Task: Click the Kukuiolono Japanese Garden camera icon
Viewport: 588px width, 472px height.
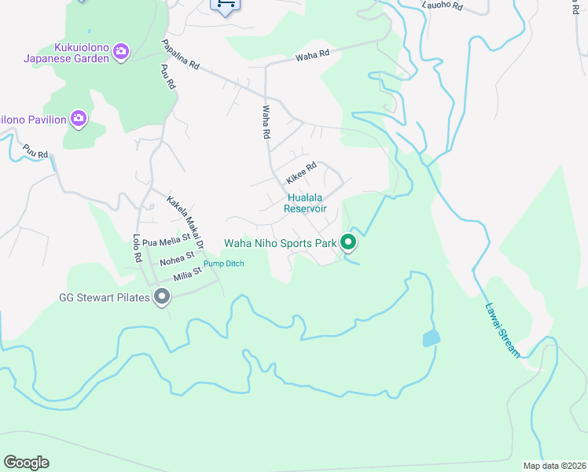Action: [x=121, y=52]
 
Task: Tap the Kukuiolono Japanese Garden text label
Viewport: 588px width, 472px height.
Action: [x=65, y=52]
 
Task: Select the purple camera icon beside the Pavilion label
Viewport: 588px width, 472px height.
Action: [x=78, y=119]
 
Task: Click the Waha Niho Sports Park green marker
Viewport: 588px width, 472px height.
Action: [x=349, y=243]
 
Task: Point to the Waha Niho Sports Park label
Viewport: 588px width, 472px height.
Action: [x=280, y=243]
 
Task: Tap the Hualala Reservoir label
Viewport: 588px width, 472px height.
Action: [x=306, y=203]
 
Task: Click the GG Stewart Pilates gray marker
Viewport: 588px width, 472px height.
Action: [x=162, y=297]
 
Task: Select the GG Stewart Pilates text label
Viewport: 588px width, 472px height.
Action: [x=105, y=297]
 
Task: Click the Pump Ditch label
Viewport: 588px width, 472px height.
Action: [x=224, y=264]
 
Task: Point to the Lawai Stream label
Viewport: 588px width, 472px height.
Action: [x=502, y=330]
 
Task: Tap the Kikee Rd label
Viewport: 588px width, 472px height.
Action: [x=301, y=174]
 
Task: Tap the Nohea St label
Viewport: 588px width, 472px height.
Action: [x=176, y=257]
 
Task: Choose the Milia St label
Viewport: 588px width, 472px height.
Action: [x=187, y=272]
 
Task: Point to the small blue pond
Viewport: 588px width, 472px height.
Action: [x=431, y=339]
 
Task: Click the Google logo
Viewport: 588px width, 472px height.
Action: [x=26, y=463]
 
